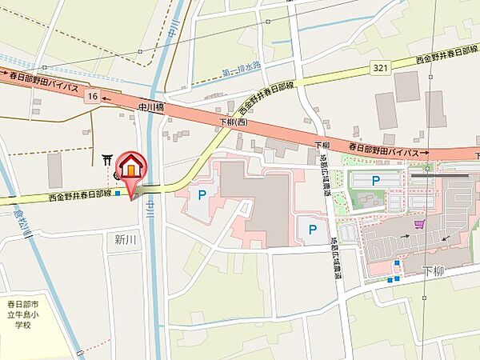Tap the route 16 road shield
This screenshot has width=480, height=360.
tap(94, 96)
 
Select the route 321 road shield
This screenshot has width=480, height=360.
tap(380, 68)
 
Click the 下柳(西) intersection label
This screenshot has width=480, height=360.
tap(234, 122)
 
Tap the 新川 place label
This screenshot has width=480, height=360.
tap(126, 238)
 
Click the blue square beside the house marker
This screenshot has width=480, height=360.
tap(118, 193)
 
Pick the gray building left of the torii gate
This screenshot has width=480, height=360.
tap(54, 170)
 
